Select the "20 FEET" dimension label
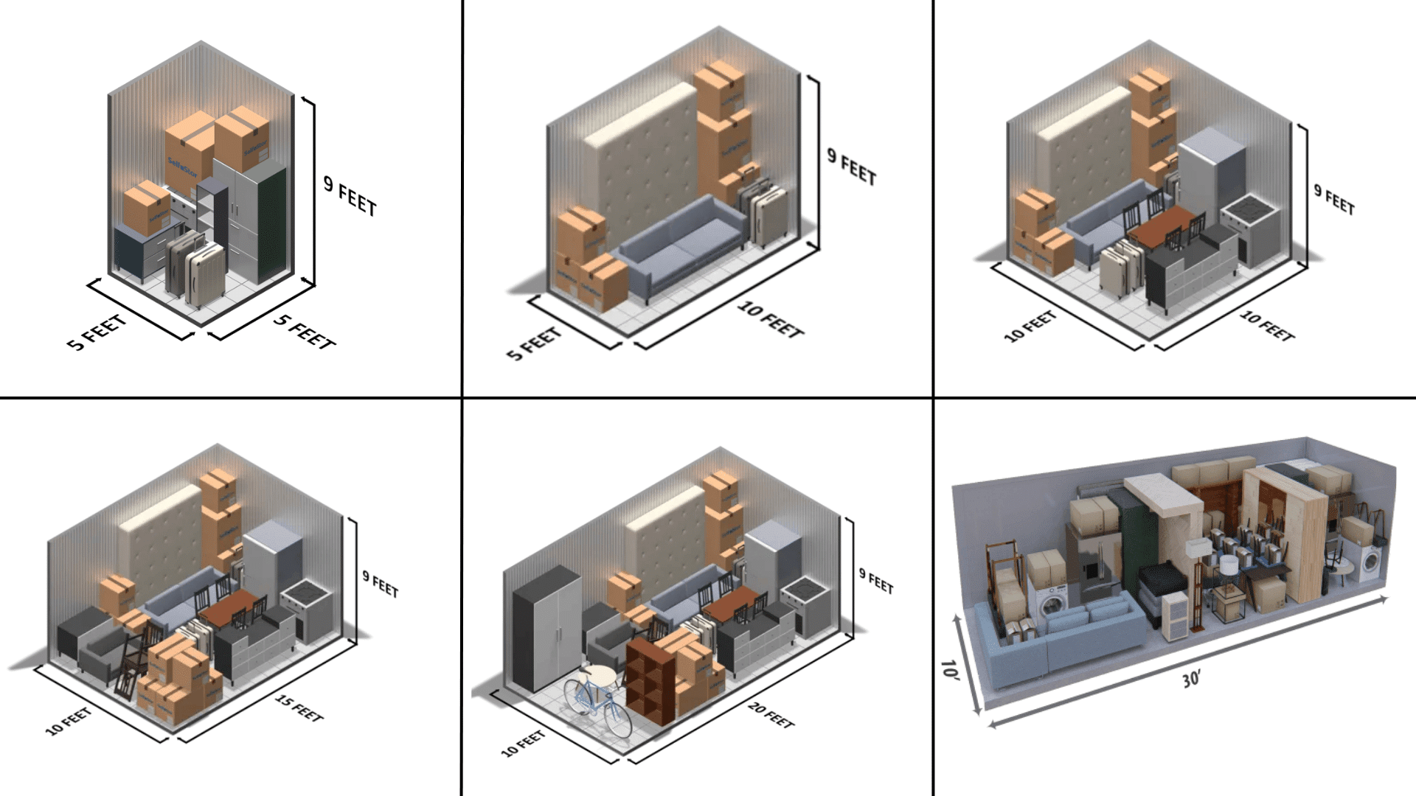[x=771, y=715]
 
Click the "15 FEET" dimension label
[x=299, y=708]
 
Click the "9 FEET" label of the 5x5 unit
[x=350, y=196]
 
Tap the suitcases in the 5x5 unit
[x=195, y=269]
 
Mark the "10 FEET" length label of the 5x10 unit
[x=770, y=320]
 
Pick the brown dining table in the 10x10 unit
[x=1162, y=226]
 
